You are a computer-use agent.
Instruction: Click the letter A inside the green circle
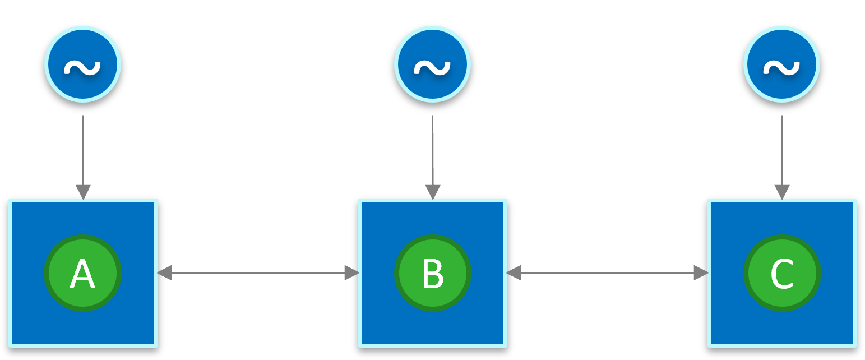pyautogui.click(x=82, y=274)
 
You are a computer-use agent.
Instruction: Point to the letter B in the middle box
pyautogui.click(x=433, y=274)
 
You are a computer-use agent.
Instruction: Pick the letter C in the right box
pyautogui.click(x=781, y=274)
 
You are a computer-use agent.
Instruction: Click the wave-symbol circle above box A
pyautogui.click(x=83, y=64)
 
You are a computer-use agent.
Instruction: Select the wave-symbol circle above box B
pyautogui.click(x=432, y=64)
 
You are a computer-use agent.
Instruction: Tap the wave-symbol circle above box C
pyautogui.click(x=781, y=64)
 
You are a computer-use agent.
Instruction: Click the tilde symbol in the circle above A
pyautogui.click(x=82, y=67)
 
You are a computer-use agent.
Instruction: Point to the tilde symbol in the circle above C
pyautogui.click(x=781, y=67)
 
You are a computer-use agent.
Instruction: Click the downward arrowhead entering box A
pyautogui.click(x=83, y=192)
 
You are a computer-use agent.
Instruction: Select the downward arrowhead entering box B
pyautogui.click(x=432, y=192)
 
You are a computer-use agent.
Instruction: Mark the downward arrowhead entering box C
pyautogui.click(x=781, y=192)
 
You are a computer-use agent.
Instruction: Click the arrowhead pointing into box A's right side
pyautogui.click(x=164, y=273)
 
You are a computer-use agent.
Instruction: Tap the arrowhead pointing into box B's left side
pyautogui.click(x=351, y=273)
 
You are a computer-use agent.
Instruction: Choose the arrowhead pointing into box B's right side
pyautogui.click(x=514, y=273)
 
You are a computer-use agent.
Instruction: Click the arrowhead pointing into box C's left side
pyautogui.click(x=701, y=273)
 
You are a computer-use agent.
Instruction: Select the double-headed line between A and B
pyautogui.click(x=258, y=273)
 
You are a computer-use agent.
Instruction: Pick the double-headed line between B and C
pyautogui.click(x=607, y=273)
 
